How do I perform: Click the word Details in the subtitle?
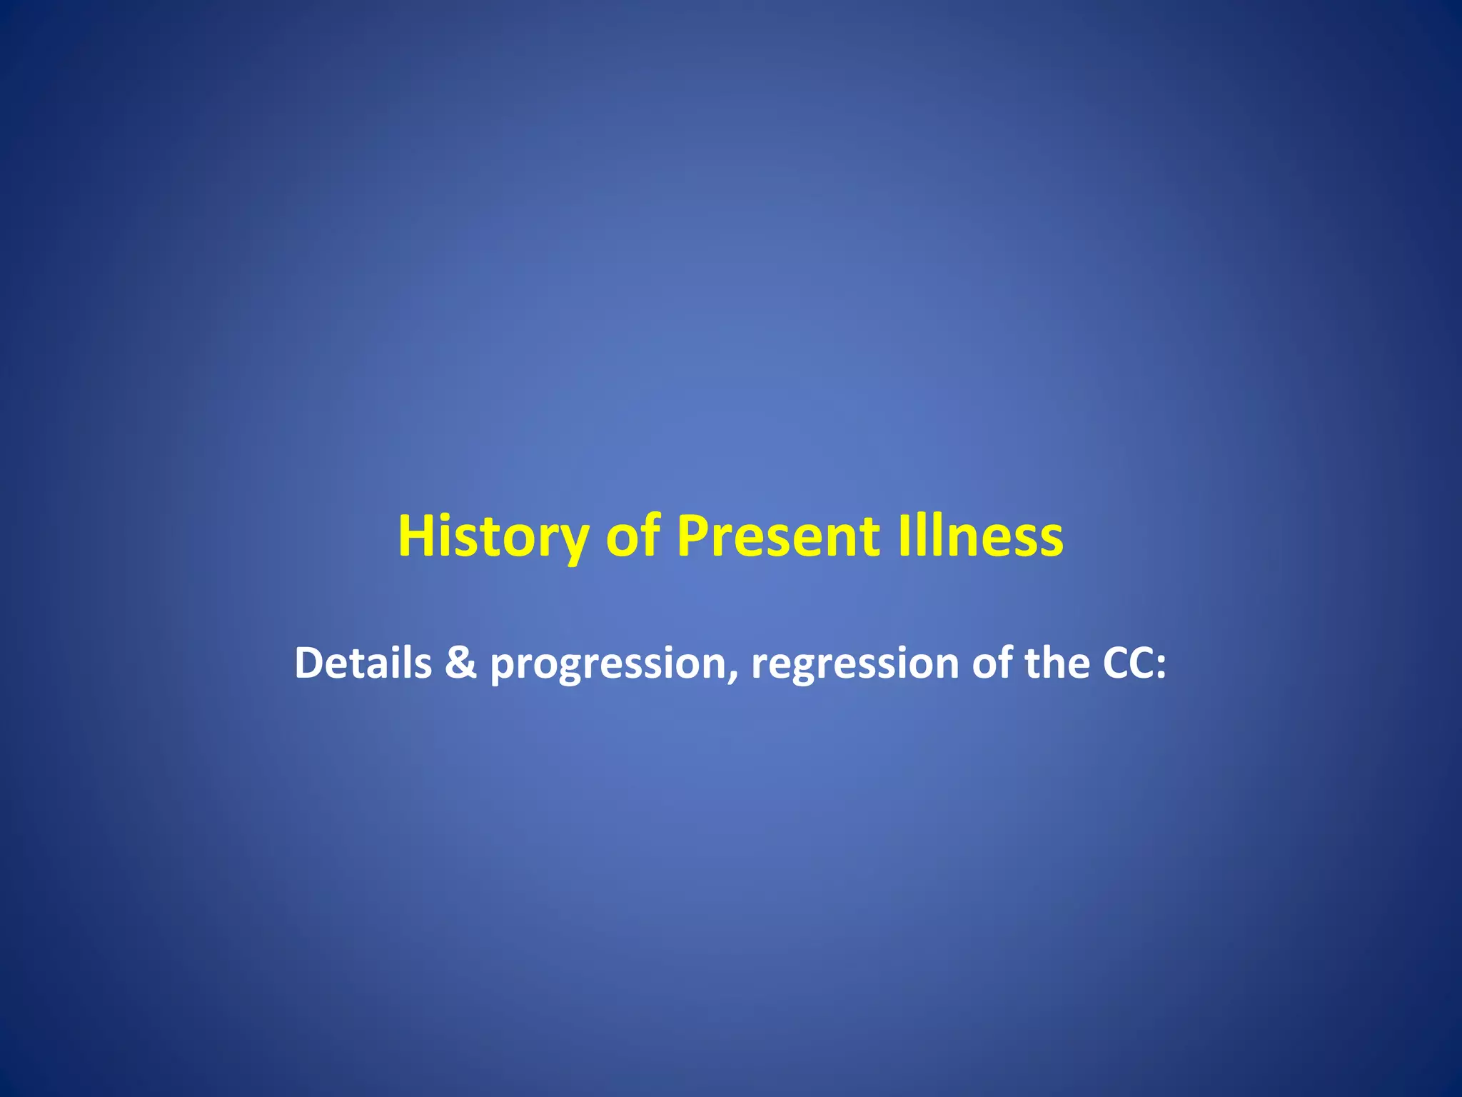tap(363, 663)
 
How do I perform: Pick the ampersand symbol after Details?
tap(460, 663)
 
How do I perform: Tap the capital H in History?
tap(417, 536)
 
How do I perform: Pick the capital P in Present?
tap(693, 536)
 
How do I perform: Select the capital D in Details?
tap(308, 663)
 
